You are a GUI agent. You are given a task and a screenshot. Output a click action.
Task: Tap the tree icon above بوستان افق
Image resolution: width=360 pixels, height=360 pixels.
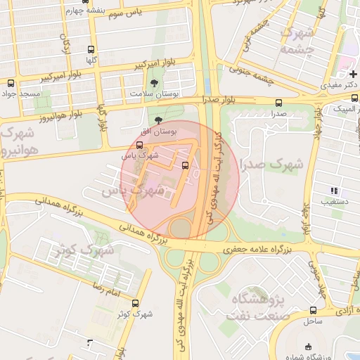click(x=158, y=121)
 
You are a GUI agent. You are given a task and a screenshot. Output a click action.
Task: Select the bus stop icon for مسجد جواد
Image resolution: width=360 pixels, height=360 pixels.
click(x=10, y=82)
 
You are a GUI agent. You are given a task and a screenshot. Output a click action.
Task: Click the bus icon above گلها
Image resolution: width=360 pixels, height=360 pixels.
click(x=90, y=50)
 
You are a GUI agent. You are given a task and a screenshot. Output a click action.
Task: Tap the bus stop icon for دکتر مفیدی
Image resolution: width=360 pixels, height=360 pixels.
click(x=354, y=74)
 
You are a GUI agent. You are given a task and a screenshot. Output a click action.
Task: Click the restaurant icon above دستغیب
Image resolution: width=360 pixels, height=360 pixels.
click(x=335, y=191)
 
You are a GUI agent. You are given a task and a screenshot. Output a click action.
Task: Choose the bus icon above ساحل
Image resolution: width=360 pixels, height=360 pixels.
click(x=313, y=310)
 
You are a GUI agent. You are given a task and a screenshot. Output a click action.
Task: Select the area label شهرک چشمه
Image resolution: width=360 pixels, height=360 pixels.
click(x=296, y=41)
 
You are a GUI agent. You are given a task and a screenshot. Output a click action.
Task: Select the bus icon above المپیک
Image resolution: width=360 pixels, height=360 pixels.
click(x=354, y=98)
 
